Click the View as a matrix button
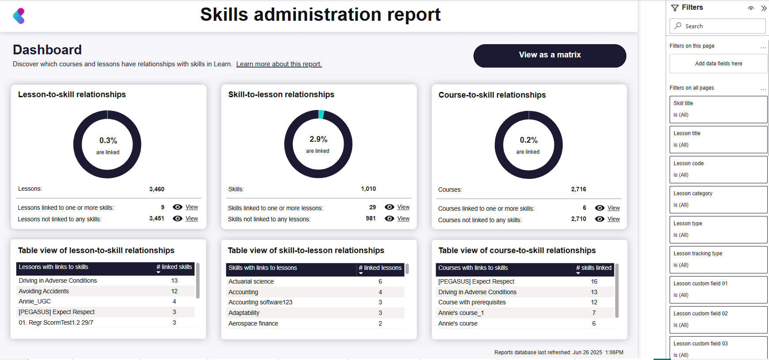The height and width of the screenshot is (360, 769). click(549, 55)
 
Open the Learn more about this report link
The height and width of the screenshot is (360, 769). click(279, 64)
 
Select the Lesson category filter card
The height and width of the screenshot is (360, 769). click(718, 199)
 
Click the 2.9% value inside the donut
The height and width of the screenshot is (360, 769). click(318, 139)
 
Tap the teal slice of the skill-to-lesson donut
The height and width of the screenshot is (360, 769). click(321, 114)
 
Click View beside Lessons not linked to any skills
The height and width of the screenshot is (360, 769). click(192, 219)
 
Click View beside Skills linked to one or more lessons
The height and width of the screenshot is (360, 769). click(403, 207)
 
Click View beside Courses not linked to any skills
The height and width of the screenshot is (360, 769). click(614, 219)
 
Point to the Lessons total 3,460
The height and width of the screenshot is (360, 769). click(156, 189)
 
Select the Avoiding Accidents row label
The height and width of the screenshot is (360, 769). click(44, 291)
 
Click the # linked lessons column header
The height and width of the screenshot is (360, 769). click(380, 268)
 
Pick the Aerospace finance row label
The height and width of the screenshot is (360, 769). click(253, 323)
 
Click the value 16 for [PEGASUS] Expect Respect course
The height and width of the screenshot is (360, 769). click(594, 281)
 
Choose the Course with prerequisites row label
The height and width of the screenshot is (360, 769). click(472, 302)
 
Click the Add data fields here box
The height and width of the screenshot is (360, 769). click(718, 64)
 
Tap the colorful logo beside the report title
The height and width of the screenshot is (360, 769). click(19, 16)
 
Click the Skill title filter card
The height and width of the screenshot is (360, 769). click(718, 109)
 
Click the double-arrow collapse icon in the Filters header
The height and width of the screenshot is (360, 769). click(764, 8)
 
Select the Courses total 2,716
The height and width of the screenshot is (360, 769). click(578, 189)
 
